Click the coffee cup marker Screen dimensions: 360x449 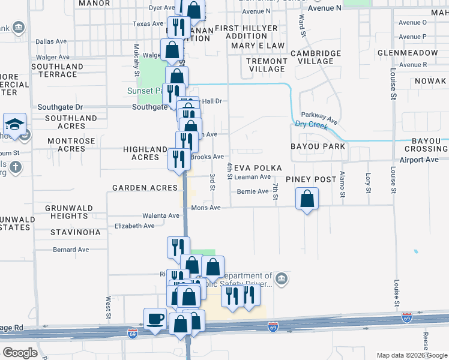click(155, 318)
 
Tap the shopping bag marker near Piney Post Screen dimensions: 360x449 click(307, 199)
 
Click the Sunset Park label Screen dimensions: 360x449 click(144, 91)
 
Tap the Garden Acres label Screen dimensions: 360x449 click(145, 188)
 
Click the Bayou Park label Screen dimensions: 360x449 click(318, 146)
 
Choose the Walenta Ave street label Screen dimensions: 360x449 click(161, 215)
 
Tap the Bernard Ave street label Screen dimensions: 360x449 click(71, 249)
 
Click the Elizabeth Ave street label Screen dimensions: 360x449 click(134, 226)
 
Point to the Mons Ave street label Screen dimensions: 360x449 click(206, 208)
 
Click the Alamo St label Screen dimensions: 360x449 click(342, 184)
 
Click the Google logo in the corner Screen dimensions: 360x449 click(20, 352)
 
